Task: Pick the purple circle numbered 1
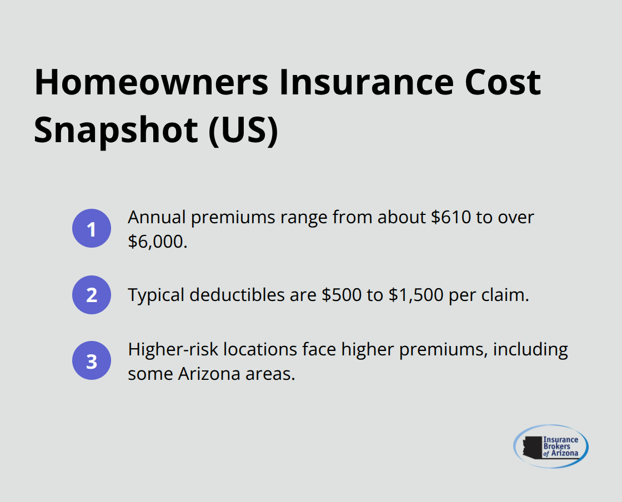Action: click(x=92, y=228)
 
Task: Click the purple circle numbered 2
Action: click(x=92, y=295)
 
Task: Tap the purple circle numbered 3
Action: click(x=92, y=361)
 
